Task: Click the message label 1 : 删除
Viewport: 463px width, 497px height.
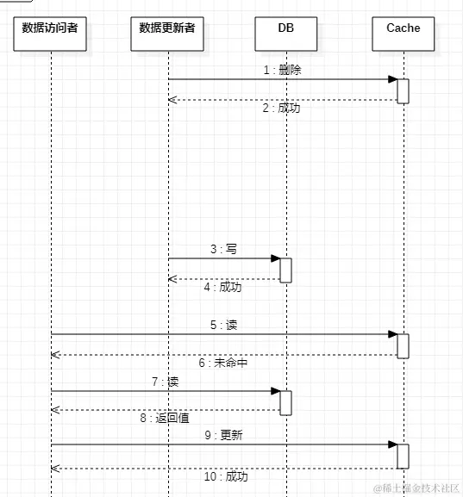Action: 282,71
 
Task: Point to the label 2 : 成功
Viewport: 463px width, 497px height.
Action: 281,109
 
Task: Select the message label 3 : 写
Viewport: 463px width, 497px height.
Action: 223,249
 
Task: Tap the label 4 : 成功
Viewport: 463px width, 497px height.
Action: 223,287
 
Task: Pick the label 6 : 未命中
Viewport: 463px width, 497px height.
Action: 223,363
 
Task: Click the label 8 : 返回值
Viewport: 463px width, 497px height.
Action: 165,418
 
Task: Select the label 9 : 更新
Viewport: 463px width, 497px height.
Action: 223,435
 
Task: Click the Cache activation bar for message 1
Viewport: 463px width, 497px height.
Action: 403,90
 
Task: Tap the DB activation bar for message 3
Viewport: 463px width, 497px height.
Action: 285,270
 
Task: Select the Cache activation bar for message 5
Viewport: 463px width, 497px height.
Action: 403,345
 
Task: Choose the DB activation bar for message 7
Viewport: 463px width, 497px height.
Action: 285,401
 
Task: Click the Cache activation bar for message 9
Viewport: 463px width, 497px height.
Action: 403,456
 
